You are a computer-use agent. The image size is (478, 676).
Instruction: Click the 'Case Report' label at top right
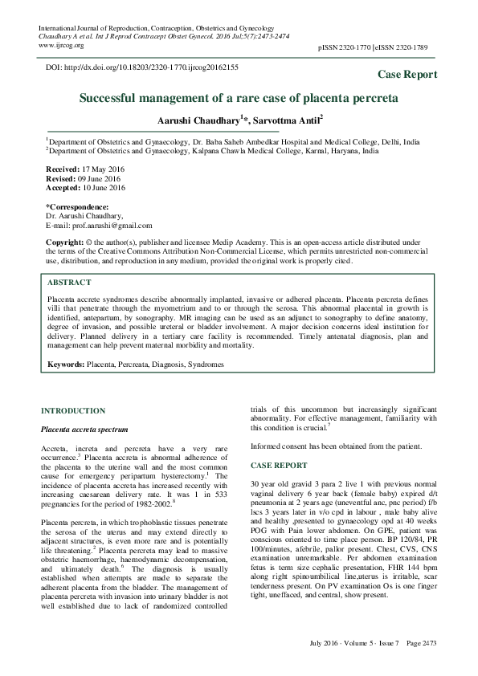407,75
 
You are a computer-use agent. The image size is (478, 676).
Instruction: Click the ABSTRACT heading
69,283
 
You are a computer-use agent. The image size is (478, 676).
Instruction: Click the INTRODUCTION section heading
73,410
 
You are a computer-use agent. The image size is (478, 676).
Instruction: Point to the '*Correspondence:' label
75,207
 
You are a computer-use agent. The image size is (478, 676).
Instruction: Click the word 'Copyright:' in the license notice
65,241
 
